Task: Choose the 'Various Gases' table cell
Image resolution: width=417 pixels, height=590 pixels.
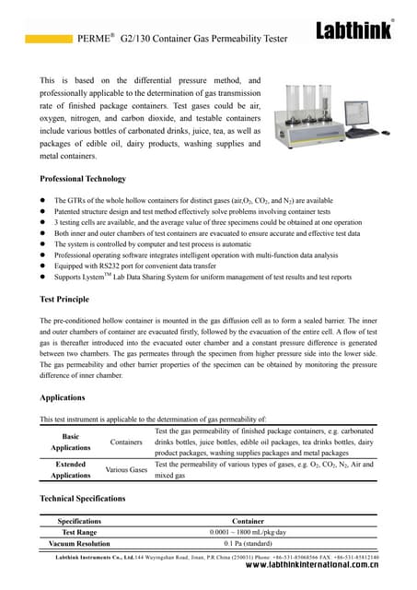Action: [126, 470]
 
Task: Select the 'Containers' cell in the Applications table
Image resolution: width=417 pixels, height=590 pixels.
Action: [126, 442]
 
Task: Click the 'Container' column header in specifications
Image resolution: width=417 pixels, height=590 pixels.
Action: [249, 521]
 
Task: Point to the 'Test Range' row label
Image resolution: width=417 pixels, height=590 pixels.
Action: [79, 532]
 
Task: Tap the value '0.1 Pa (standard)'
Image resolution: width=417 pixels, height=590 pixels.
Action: [249, 544]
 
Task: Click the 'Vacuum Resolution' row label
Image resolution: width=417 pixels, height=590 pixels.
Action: [79, 544]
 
